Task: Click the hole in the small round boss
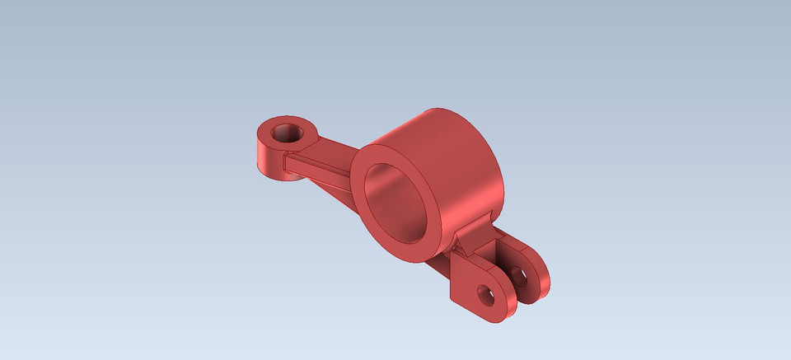(288, 132)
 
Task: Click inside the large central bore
(394, 206)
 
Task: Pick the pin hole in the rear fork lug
(519, 273)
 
